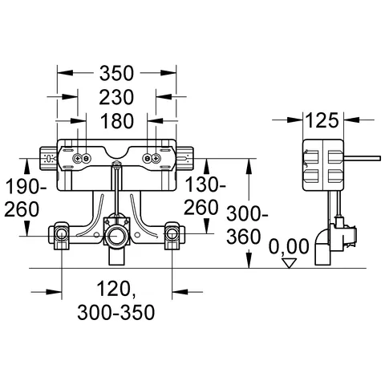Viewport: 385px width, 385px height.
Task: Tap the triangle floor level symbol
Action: [291, 261]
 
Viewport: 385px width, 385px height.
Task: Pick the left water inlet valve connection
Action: [62, 235]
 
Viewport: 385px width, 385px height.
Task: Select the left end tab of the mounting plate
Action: [47, 158]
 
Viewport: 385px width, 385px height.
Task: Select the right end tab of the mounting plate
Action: [184, 158]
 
